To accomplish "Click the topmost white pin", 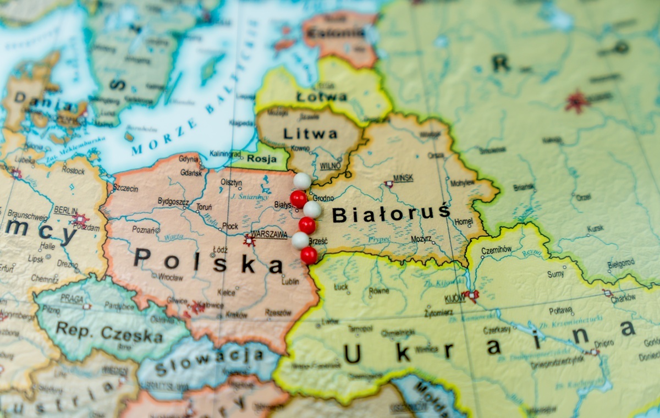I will click(x=302, y=180).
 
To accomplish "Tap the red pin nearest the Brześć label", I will click(x=309, y=255).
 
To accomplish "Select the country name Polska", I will click(x=208, y=261).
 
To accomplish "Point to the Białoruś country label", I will click(x=391, y=214).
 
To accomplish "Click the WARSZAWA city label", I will click(x=269, y=235).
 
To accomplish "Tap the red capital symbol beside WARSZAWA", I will click(x=249, y=240).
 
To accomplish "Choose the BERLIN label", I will click(x=66, y=211).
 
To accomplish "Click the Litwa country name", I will click(x=310, y=134).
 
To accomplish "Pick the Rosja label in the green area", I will click(x=262, y=158).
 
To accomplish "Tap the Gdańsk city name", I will click(x=191, y=172).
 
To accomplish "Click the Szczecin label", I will click(x=125, y=189).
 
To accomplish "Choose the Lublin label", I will click(x=290, y=282).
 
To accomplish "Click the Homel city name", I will click(x=464, y=222).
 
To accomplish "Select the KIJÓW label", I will click(x=454, y=299).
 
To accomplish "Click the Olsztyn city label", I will click(x=231, y=183).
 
